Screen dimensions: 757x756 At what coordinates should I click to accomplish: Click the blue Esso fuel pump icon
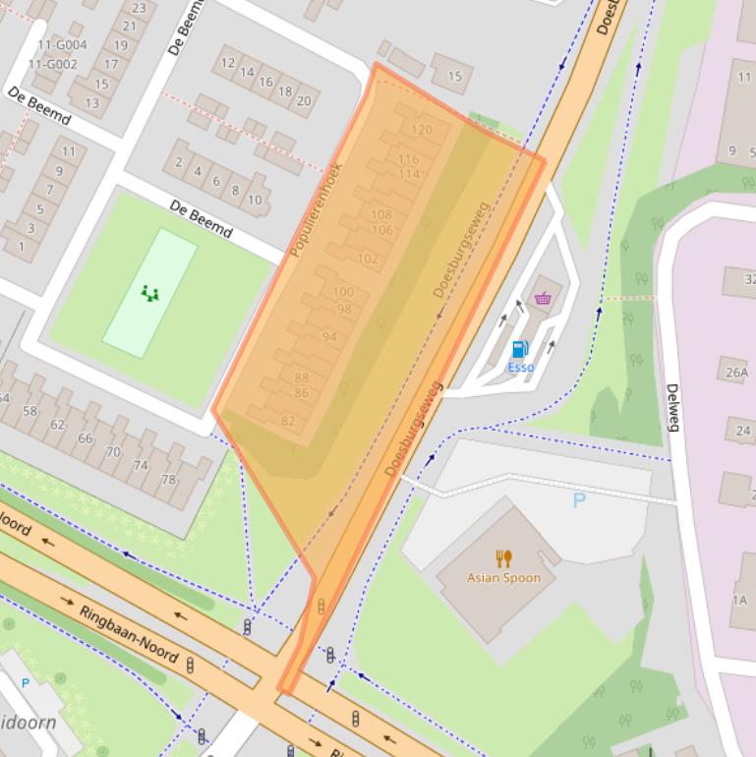point(520,349)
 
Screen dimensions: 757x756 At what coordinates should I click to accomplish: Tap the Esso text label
point(520,368)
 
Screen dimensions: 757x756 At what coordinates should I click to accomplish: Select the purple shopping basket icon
point(543,299)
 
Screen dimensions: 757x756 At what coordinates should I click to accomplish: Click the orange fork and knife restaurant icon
point(503,558)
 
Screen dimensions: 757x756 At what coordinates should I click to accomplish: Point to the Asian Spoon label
point(503,578)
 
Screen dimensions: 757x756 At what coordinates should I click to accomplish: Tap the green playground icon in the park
point(149,292)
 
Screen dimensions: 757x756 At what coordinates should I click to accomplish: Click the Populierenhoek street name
point(316,208)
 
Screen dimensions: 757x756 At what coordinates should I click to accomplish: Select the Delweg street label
point(673,407)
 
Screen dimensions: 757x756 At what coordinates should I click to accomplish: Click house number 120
point(421,130)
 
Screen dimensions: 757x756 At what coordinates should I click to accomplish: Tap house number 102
point(368,260)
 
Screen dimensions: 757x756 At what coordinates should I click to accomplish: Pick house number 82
point(288,422)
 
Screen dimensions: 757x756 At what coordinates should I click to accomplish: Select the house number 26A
point(737,374)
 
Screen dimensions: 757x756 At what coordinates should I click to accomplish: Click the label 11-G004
point(62,45)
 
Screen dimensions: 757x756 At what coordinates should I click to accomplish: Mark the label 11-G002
point(53,65)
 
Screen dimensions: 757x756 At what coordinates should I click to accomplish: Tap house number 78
point(168,480)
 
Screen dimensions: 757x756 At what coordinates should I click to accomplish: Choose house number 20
point(304,100)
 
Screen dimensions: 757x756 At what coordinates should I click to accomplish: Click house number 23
point(138,8)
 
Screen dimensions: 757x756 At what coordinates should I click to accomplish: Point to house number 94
point(329,337)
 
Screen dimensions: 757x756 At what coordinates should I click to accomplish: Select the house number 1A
point(738,601)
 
